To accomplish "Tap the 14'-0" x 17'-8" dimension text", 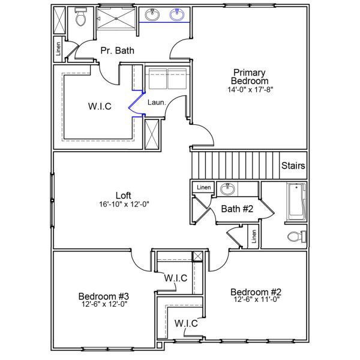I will (251, 90).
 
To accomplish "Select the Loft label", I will (123, 195).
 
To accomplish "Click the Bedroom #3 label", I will (103, 296).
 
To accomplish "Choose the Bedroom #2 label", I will (256, 292).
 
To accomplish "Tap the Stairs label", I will (293, 166).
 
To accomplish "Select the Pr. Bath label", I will (117, 50).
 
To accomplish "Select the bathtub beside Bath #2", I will (295, 202).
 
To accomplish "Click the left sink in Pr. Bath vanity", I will (151, 15).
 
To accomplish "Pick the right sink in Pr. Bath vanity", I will (177, 15).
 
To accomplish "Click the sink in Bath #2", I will (227, 190).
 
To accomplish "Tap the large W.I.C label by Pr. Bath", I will (99, 107).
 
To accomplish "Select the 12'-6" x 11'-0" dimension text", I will (256, 299).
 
